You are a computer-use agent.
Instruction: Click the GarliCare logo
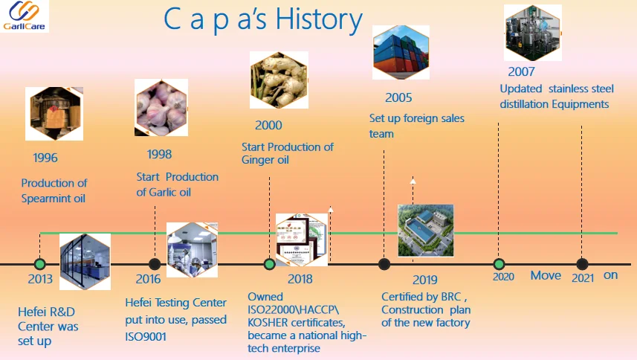pyautogui.click(x=25, y=16)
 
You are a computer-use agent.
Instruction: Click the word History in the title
pyautogui.click(x=318, y=20)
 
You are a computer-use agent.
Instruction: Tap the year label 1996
pyautogui.click(x=45, y=158)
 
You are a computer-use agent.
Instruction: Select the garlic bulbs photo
pyautogui.click(x=161, y=108)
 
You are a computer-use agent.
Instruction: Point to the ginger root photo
pyautogui.click(x=279, y=80)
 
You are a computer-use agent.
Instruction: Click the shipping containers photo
pyautogui.click(x=401, y=52)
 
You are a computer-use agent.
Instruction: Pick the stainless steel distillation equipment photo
pyautogui.click(x=533, y=33)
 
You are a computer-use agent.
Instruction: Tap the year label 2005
pyautogui.click(x=398, y=97)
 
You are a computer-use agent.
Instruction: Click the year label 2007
pyautogui.click(x=521, y=71)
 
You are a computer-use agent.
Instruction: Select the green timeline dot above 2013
pyautogui.click(x=40, y=264)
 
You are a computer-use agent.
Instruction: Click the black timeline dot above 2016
pyautogui.click(x=155, y=264)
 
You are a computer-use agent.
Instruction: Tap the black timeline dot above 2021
pyautogui.click(x=582, y=264)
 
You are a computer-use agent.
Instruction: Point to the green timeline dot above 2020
pyautogui.click(x=499, y=264)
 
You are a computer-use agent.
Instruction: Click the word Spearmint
pyautogui.click(x=46, y=199)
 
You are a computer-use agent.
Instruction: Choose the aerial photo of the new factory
pyautogui.click(x=426, y=231)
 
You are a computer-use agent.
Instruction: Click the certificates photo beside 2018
pyautogui.click(x=302, y=240)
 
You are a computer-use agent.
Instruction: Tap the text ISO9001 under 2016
pyautogui.click(x=146, y=337)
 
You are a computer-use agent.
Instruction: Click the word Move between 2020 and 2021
pyautogui.click(x=546, y=275)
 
